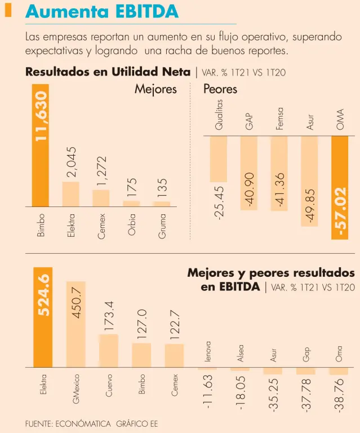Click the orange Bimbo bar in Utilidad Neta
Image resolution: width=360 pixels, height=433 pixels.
[x=40, y=145]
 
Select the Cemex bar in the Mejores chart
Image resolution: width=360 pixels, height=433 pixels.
[x=101, y=198]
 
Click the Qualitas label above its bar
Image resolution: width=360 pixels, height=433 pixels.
[x=219, y=114]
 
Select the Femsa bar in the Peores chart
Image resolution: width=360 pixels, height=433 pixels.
[x=279, y=173]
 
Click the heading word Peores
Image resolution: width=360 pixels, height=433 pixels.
[x=220, y=89]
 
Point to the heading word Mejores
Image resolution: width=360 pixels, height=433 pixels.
[x=155, y=89]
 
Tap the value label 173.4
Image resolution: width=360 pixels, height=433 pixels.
[x=109, y=316]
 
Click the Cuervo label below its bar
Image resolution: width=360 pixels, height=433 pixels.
[x=109, y=385]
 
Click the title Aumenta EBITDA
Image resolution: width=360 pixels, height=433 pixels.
[x=102, y=11]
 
